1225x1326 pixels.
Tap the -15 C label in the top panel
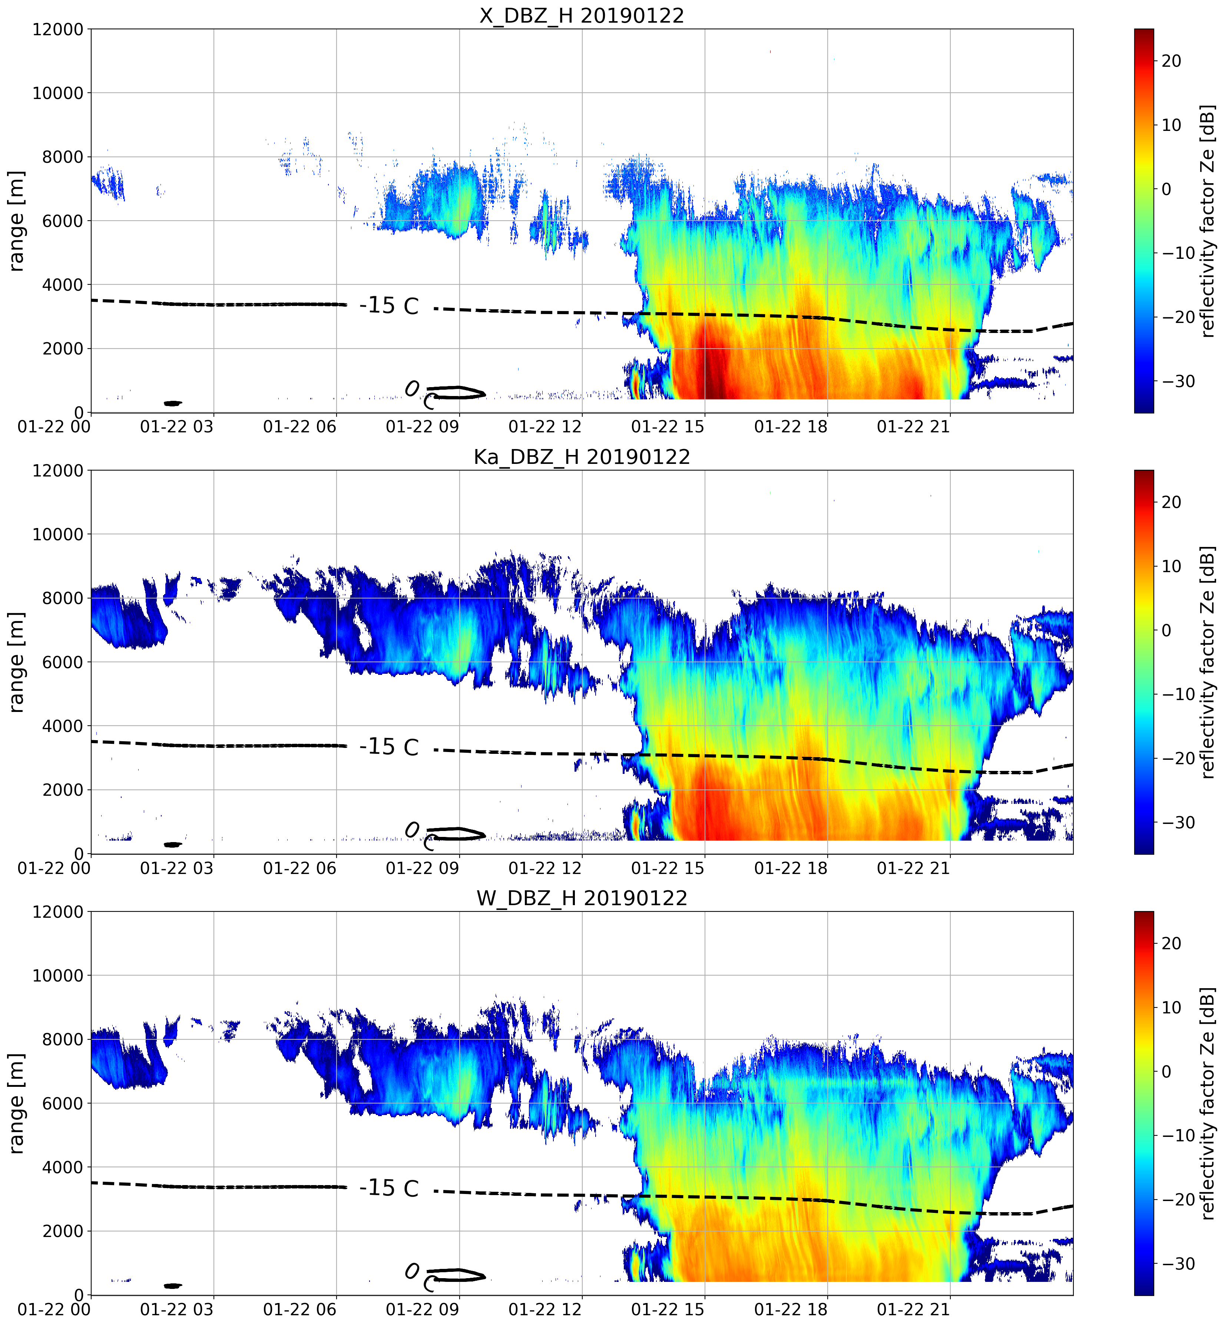389,306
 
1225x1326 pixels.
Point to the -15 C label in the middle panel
389,747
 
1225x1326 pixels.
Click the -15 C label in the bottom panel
389,1188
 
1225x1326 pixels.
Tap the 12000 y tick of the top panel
58,30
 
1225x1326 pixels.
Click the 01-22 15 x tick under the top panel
668,426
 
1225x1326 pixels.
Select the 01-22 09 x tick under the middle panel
422,868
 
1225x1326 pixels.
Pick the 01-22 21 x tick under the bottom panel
913,1309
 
